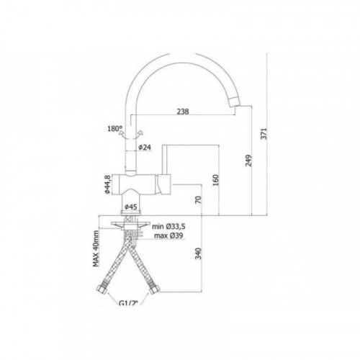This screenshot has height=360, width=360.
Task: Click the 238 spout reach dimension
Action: tap(183, 112)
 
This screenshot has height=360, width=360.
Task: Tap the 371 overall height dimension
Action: tap(264, 133)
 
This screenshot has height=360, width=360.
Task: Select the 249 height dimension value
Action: tap(249, 161)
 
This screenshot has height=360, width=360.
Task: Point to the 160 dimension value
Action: tap(216, 180)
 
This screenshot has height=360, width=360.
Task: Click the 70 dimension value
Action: tap(198, 199)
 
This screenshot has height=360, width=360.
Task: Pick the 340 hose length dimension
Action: tap(198, 253)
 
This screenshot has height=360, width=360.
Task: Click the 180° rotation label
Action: tap(115, 129)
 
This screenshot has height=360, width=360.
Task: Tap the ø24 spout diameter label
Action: tap(145, 147)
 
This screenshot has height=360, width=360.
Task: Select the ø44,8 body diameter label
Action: tap(107, 184)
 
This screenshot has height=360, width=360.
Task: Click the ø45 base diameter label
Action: tap(131, 207)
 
